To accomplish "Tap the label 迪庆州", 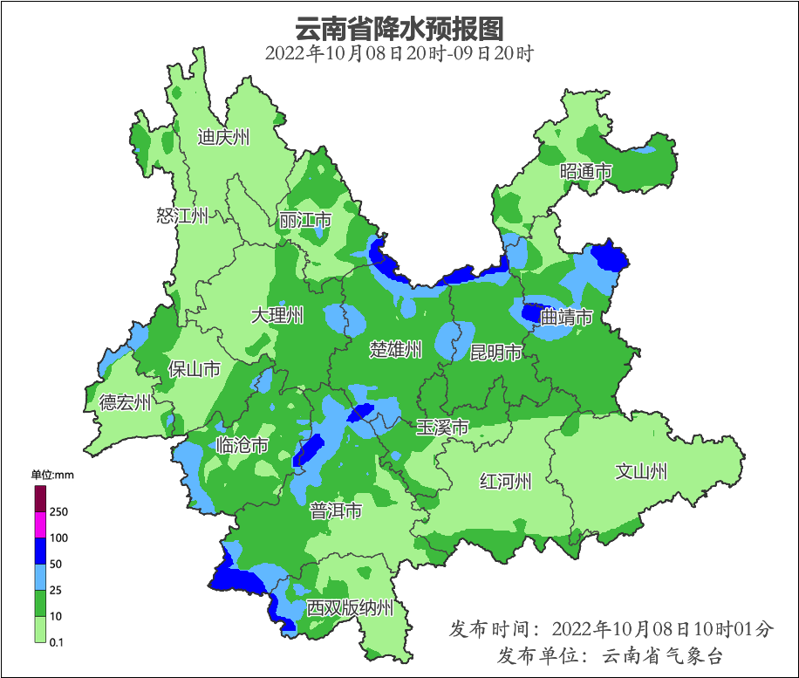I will [223, 137].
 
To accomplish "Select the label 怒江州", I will [182, 216].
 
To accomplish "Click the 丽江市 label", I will [305, 220].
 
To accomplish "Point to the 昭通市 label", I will [586, 172].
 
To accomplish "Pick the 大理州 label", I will [277, 315].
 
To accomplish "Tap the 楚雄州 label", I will [396, 350].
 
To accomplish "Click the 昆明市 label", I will [495, 353].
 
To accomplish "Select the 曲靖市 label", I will [567, 317].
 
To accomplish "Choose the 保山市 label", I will [194, 369].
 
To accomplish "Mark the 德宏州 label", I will [125, 402].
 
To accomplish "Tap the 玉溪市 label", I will [442, 428].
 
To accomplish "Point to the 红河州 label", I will [506, 481].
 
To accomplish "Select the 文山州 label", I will [641, 471].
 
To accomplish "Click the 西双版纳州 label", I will [350, 608].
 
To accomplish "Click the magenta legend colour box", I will [40, 524].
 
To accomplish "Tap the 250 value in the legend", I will [59, 511].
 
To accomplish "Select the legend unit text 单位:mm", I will [52, 475].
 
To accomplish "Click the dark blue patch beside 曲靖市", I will [531, 312].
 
